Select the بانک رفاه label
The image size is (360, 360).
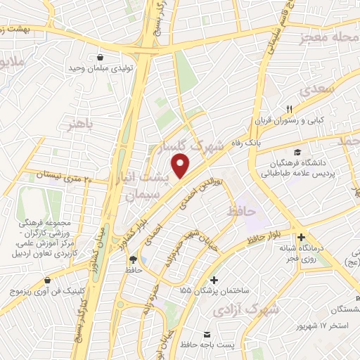pos(257,141)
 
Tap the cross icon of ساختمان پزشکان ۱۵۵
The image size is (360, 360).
pos(213,281)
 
